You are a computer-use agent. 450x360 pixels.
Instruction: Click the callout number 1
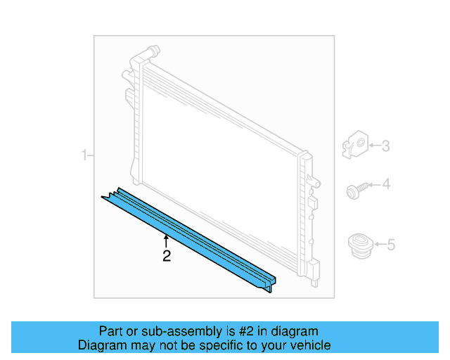84,155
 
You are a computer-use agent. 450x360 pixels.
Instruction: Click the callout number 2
167,256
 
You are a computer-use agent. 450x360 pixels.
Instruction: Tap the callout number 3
385,146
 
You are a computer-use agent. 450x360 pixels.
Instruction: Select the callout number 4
385,186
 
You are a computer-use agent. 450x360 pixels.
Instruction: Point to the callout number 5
391,245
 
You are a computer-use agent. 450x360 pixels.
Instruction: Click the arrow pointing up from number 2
167,241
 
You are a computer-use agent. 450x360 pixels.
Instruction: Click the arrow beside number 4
373,186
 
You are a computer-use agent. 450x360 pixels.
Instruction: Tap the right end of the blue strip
271,283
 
